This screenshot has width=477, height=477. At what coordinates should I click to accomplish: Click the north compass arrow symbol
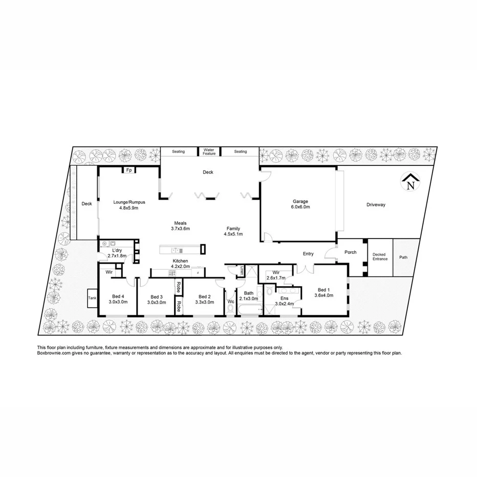pyautogui.click(x=410, y=182)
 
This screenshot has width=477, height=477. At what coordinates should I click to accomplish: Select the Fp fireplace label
pyautogui.click(x=129, y=170)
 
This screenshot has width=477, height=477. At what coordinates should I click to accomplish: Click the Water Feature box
pyautogui.click(x=209, y=151)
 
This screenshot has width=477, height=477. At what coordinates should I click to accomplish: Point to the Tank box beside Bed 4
pyautogui.click(x=93, y=298)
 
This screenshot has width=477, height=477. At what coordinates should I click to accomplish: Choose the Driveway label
pyautogui.click(x=376, y=205)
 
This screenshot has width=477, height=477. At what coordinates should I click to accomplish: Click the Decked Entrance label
pyautogui.click(x=380, y=256)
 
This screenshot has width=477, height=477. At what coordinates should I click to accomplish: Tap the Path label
pyautogui.click(x=404, y=257)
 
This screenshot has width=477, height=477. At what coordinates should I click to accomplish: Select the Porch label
pyautogui.click(x=351, y=252)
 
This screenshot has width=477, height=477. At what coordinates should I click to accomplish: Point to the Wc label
pyautogui.click(x=231, y=302)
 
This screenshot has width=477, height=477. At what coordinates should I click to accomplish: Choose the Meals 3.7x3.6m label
pyautogui.click(x=180, y=226)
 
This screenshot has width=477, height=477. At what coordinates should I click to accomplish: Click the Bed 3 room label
pyautogui.click(x=157, y=299)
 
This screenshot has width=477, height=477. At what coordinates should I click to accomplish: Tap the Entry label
pyautogui.click(x=308, y=254)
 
